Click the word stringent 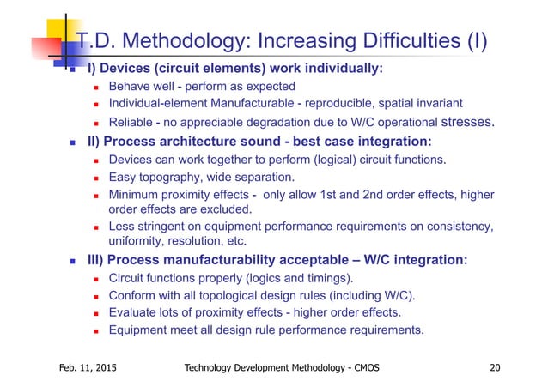click(x=168, y=227)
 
